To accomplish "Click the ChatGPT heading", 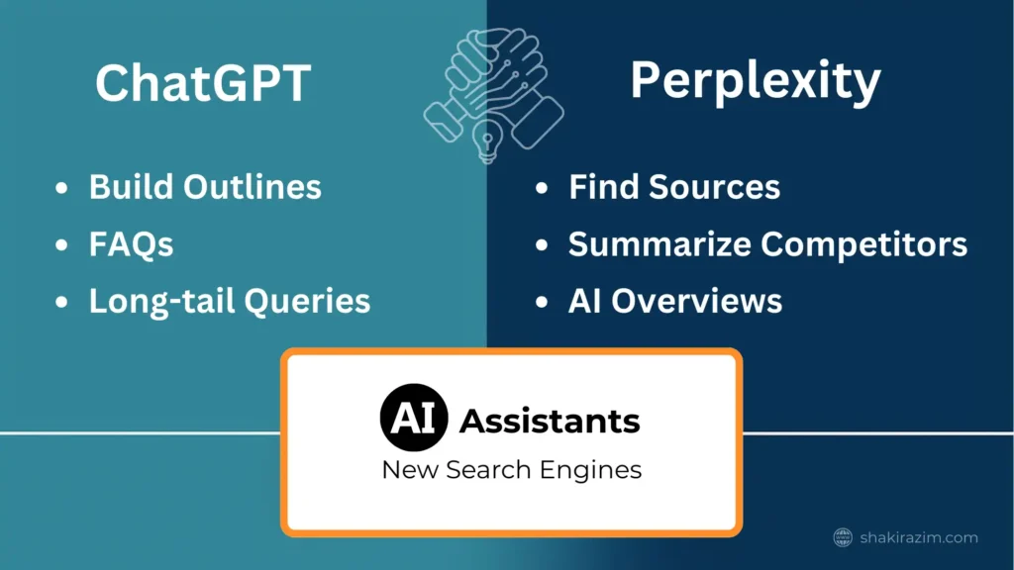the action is (203, 83).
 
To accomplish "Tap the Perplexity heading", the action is (756, 81).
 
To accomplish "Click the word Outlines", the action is (253, 187).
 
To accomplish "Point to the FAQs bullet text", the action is (132, 244).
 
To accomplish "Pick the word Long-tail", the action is (161, 302).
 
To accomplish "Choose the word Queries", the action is (307, 302).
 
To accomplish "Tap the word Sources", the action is (715, 187).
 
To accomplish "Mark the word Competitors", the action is (863, 244).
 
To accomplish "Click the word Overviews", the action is (696, 301).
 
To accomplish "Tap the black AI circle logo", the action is (414, 418).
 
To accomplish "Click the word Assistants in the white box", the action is (550, 422).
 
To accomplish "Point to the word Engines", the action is (590, 470).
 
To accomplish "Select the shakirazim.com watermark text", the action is (919, 537).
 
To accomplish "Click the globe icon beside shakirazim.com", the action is (843, 537).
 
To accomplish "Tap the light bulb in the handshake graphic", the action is (487, 141).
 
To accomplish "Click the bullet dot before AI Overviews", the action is (542, 302).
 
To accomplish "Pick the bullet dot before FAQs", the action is (61, 245).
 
